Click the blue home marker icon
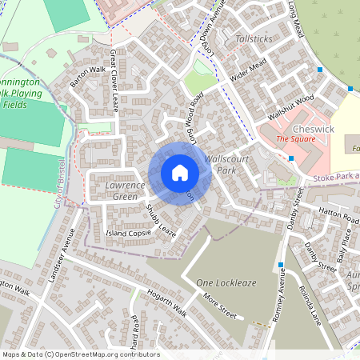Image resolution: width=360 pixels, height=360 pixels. pyautogui.click(x=180, y=173)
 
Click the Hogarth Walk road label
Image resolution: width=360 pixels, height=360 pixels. pyautogui.click(x=166, y=302)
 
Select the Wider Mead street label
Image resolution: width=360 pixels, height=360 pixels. pyautogui.click(x=247, y=71)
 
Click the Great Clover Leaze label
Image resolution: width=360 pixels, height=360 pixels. pyautogui.click(x=114, y=81)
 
